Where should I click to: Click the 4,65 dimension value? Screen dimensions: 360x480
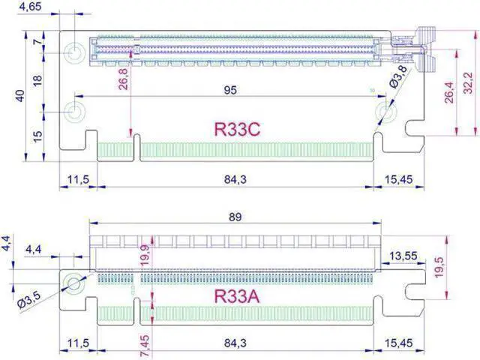coord(30,7)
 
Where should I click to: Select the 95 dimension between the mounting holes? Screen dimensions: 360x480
coord(230,90)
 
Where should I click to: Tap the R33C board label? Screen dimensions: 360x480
coord(237,129)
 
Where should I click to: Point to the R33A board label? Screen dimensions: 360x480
coord(237,295)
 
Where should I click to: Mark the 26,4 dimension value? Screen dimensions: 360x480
coord(449,91)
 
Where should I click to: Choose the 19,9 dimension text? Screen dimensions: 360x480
coord(145,256)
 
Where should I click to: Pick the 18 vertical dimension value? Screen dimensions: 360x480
coord(38,80)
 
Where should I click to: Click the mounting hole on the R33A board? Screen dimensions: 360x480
coord(73,283)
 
